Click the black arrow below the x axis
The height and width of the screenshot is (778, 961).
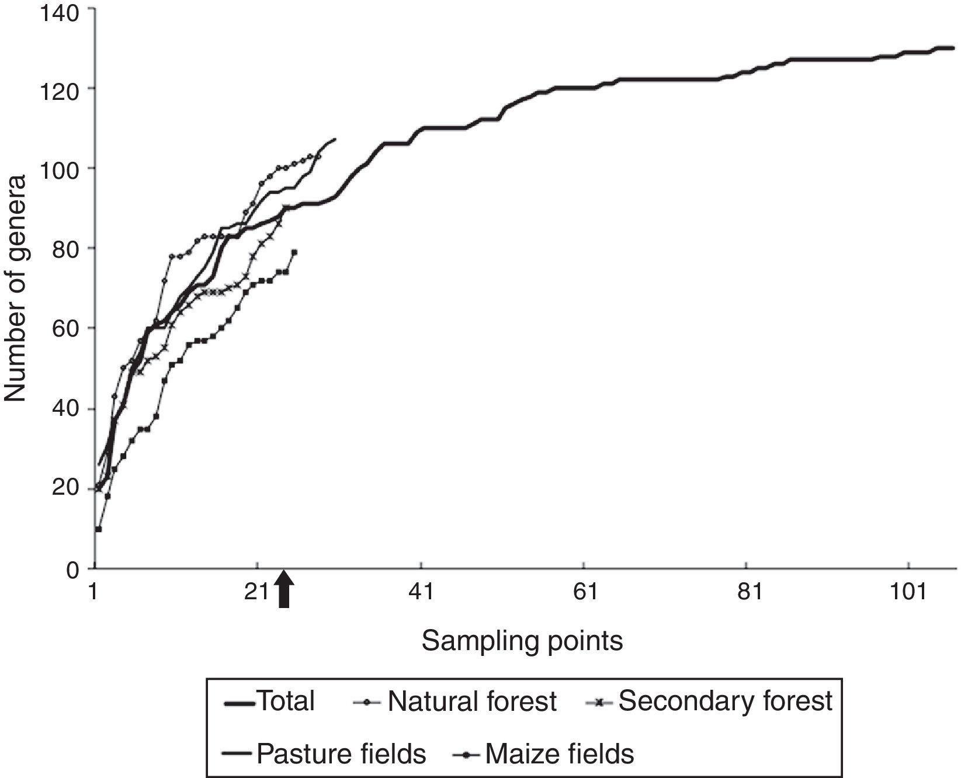point(284,590)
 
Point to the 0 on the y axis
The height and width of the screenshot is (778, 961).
point(72,569)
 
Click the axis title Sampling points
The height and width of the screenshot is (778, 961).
point(522,641)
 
